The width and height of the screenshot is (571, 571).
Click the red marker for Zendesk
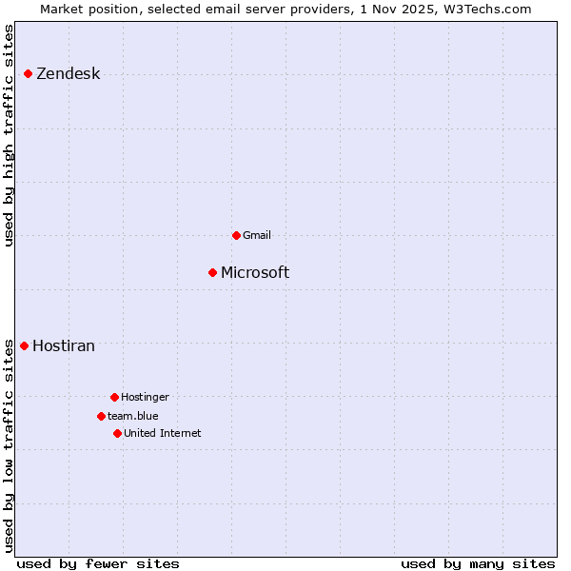(x=28, y=73)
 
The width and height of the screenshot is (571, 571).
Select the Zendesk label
(x=68, y=74)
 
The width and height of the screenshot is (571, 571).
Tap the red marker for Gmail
(x=236, y=235)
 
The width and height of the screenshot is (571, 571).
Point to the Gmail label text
(x=257, y=235)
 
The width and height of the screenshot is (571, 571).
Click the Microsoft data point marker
(x=212, y=273)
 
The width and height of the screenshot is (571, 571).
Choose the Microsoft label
(x=255, y=273)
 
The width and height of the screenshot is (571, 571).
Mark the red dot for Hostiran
(x=24, y=345)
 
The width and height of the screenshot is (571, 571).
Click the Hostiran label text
(x=64, y=346)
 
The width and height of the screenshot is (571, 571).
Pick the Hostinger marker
(x=114, y=397)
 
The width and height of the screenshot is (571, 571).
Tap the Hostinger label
(x=145, y=397)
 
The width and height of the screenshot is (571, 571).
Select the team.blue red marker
(x=101, y=416)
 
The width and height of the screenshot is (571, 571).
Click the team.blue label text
(x=132, y=416)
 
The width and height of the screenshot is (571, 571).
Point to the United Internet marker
(x=117, y=433)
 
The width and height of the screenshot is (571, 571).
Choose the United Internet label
(x=162, y=433)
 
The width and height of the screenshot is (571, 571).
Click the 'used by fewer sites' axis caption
(x=98, y=563)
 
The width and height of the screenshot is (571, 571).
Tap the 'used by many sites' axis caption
(x=478, y=563)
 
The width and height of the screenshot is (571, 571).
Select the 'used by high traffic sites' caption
(x=10, y=135)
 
